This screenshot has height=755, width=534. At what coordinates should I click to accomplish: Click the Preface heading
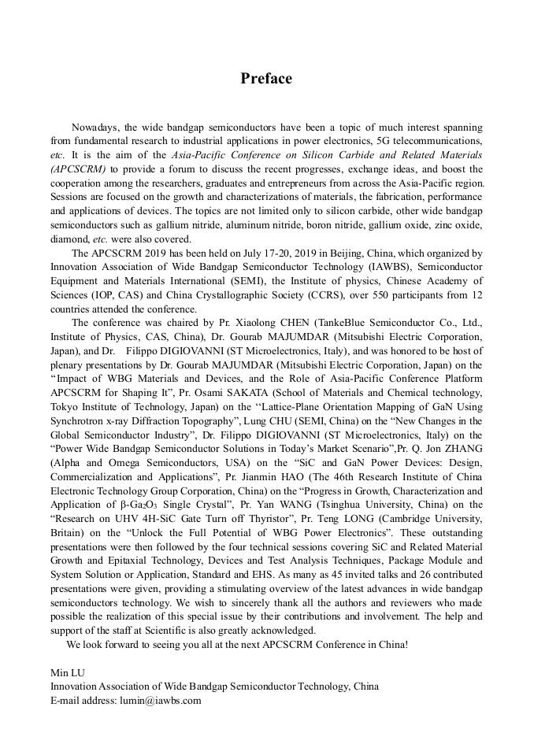pyautogui.click(x=266, y=79)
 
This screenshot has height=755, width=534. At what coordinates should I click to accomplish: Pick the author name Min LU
pyautogui.click(x=67, y=672)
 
